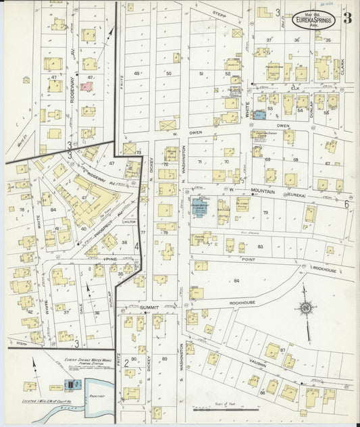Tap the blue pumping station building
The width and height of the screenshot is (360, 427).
[70, 385]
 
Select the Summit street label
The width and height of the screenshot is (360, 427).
[149, 307]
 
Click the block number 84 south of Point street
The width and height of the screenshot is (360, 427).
[236, 280]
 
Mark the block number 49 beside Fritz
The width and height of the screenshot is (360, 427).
[137, 73]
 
